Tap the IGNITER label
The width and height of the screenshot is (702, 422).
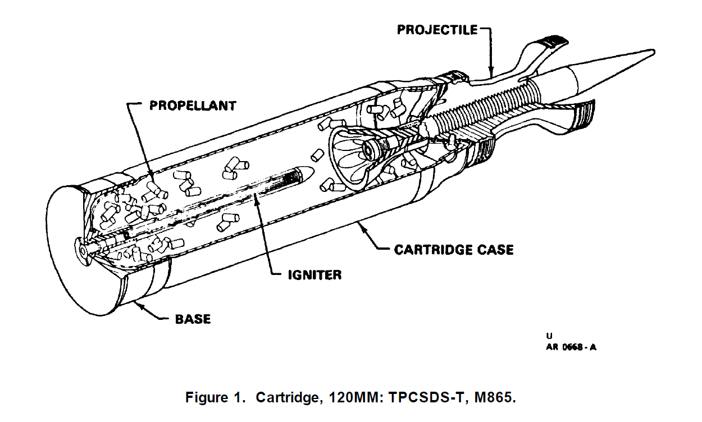tap(314, 275)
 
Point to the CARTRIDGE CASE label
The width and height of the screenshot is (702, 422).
tap(454, 249)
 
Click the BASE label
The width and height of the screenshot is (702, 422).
tap(193, 319)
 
